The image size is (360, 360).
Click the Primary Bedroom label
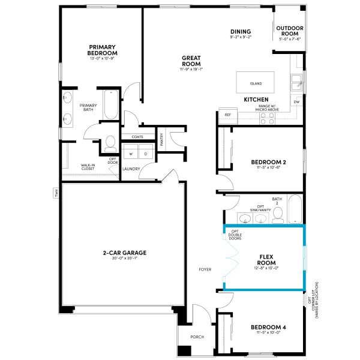pyautogui.click(x=102, y=50)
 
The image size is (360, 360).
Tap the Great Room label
pyautogui.click(x=191, y=61)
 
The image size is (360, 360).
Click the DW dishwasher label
pyautogui.click(x=296, y=102)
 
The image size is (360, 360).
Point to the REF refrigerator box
pyautogui.click(x=228, y=115)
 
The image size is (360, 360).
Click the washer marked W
pyautogui.click(x=130, y=154)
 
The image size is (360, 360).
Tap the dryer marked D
pyautogui.click(x=145, y=154)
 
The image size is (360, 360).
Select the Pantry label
pyautogui.click(x=162, y=139)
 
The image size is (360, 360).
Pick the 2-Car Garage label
pyautogui.click(x=125, y=253)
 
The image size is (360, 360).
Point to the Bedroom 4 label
pyautogui.click(x=268, y=327)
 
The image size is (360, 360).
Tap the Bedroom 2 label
pyautogui.click(x=268, y=163)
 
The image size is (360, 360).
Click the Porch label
pyautogui.click(x=197, y=337)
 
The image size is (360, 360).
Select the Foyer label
pyautogui.click(x=205, y=269)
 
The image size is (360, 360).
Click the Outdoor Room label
pyautogui.click(x=289, y=31)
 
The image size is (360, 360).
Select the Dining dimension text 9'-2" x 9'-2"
pyautogui.click(x=240, y=38)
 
